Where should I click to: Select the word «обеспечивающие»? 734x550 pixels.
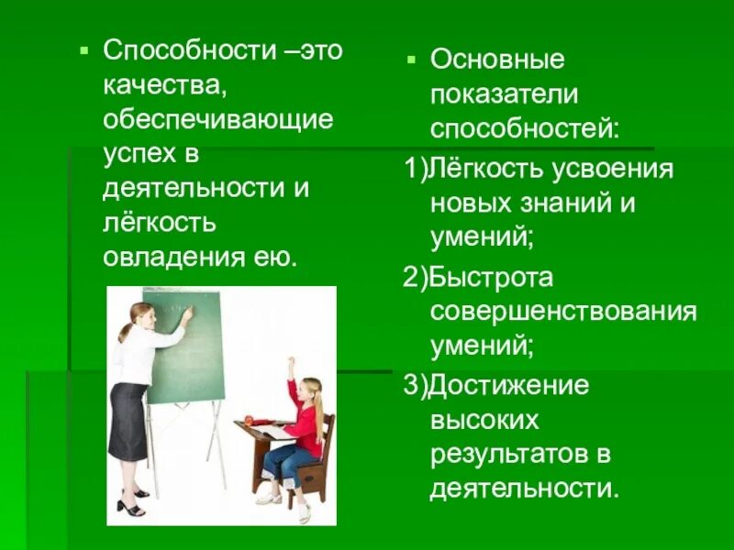[x=217, y=119]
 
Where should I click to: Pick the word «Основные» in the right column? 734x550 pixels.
[x=498, y=60]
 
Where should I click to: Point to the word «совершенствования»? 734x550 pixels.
[x=563, y=312]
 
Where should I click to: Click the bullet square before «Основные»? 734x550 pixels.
[x=412, y=59]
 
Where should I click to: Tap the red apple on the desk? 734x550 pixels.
[x=249, y=417]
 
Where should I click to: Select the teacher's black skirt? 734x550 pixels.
[x=128, y=422]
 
